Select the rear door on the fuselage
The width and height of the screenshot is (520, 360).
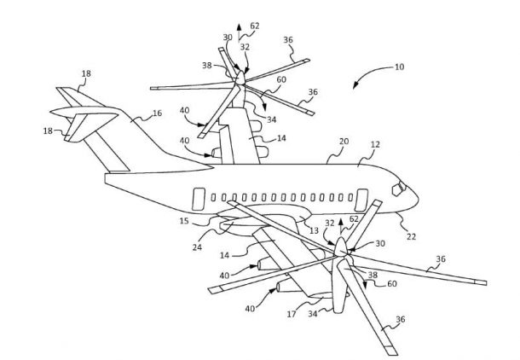[196, 199]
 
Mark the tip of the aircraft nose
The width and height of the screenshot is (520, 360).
[419, 199]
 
